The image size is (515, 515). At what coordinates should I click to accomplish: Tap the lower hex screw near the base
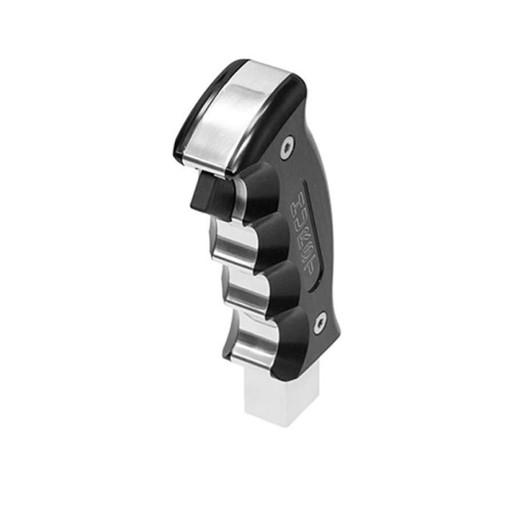point(320,322)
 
